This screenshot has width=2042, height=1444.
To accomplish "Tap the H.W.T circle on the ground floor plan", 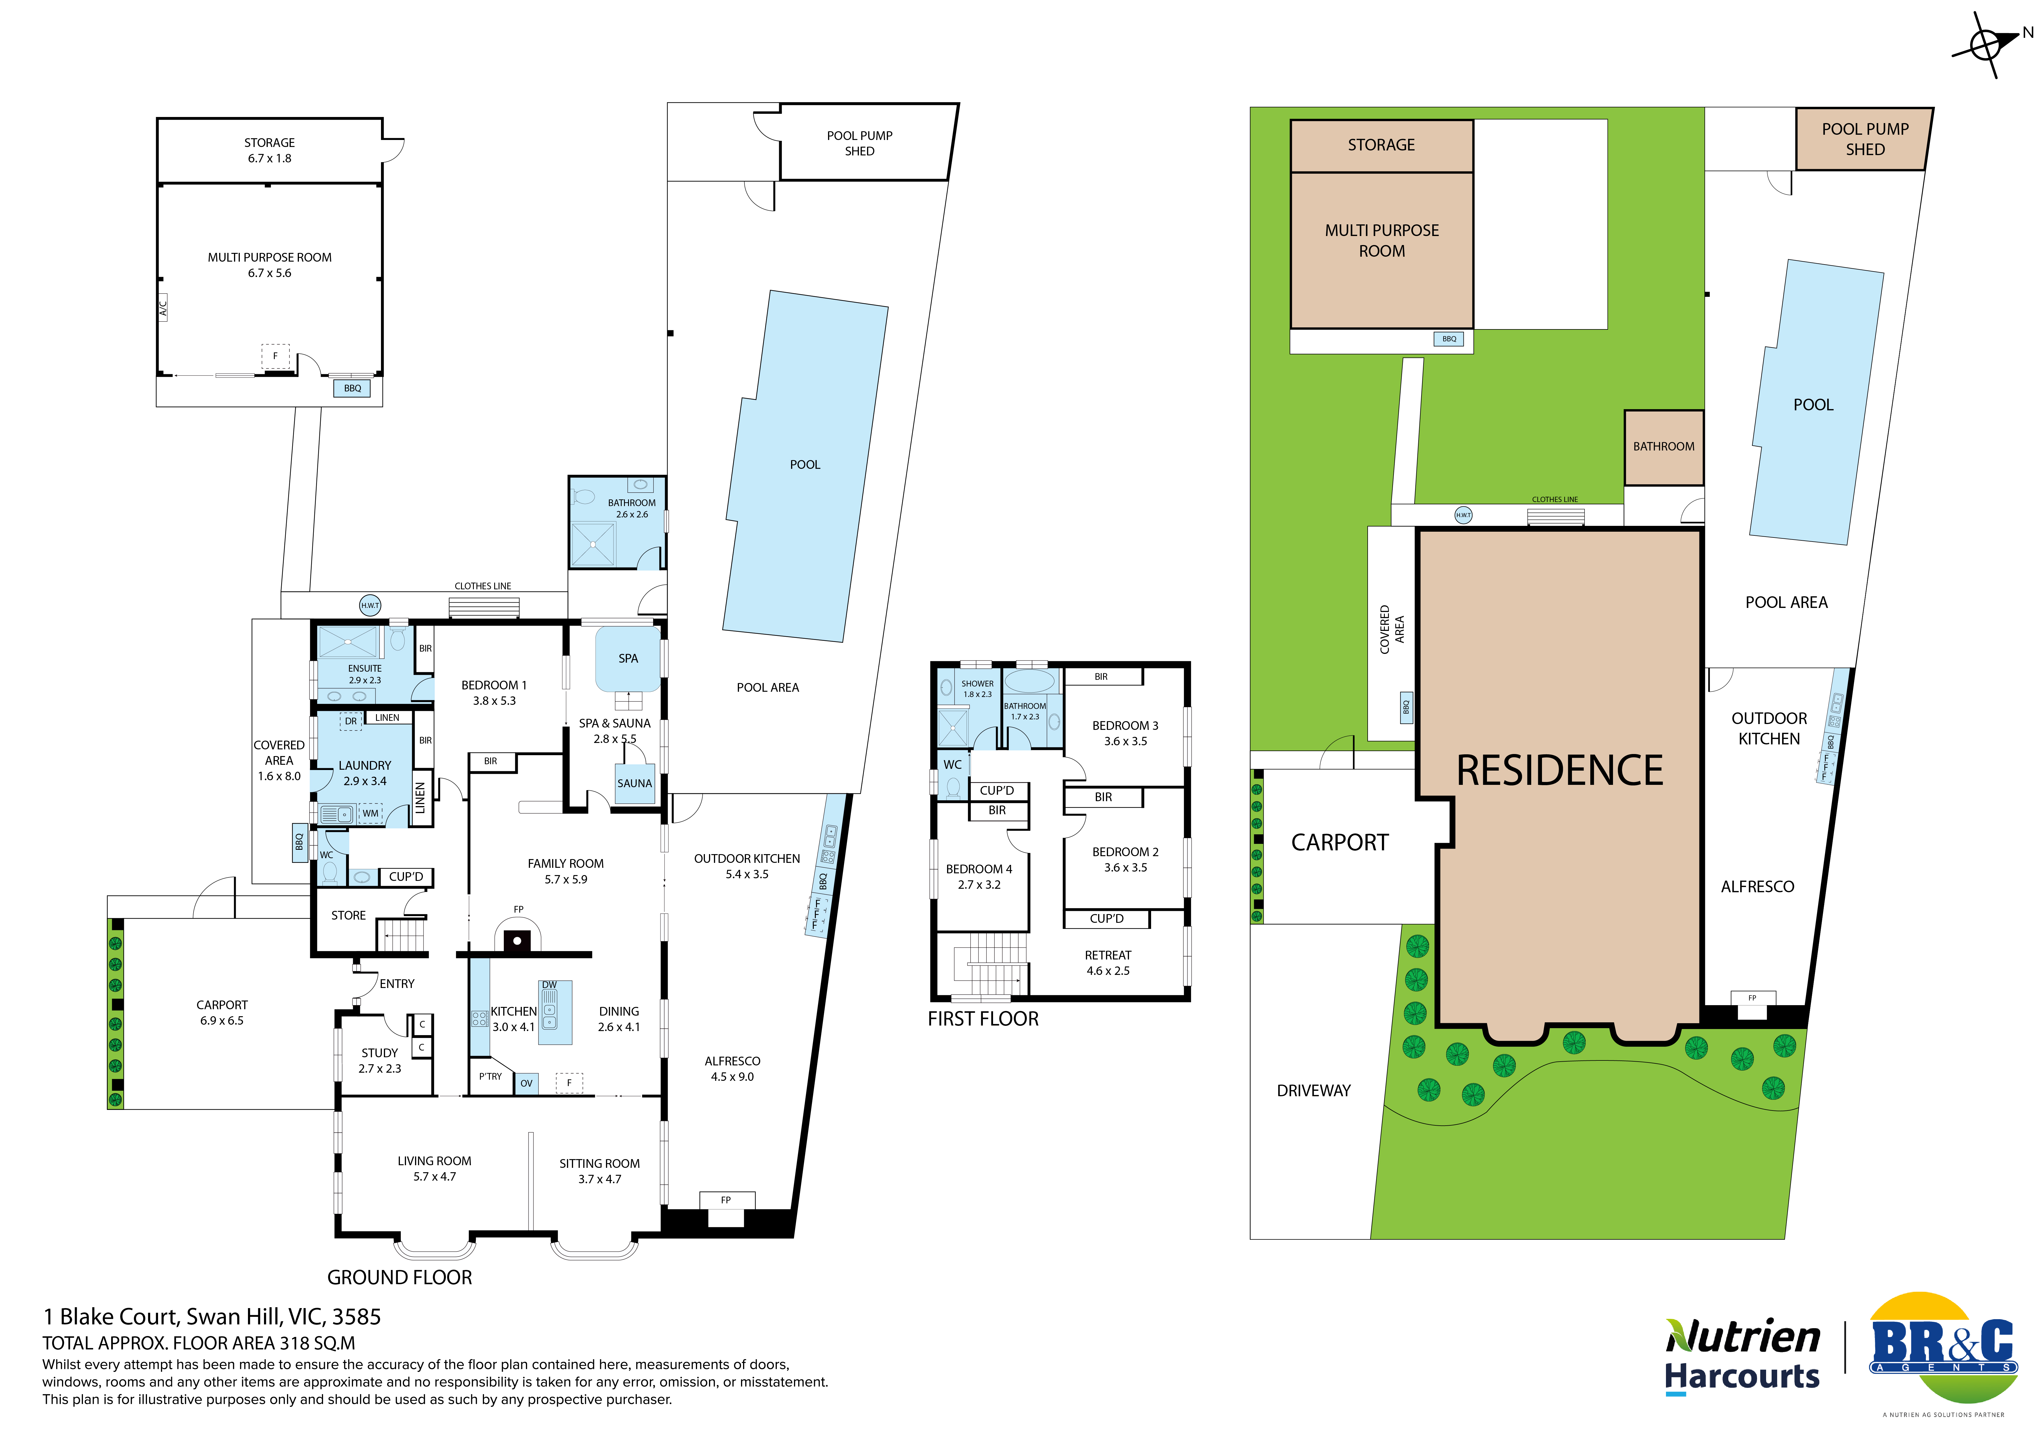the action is [370, 606].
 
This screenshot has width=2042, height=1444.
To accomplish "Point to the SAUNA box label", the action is [634, 783].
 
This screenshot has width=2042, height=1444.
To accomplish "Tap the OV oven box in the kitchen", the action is [527, 1083].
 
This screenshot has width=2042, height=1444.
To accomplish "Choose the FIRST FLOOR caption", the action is [983, 1019].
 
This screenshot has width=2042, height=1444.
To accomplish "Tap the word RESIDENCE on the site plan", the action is [1559, 770].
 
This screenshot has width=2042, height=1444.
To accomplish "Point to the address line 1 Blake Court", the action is [212, 1317].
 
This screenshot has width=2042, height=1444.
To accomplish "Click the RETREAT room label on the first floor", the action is [1108, 955].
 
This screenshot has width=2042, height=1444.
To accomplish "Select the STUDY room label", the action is [380, 1053].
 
